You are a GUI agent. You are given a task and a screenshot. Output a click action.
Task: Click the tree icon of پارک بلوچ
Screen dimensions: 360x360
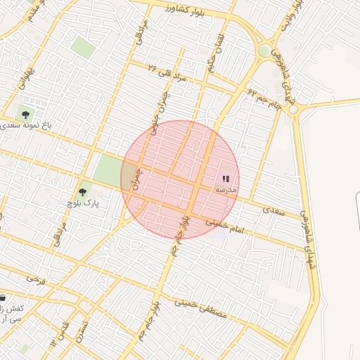[x=83, y=192]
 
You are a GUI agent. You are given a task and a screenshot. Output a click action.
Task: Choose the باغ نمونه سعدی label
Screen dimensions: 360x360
[x=28, y=125]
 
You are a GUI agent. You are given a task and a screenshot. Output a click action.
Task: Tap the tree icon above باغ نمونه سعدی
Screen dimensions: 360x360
[x=26, y=114]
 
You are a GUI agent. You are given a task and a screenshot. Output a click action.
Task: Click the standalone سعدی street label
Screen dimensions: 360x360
[x=274, y=210]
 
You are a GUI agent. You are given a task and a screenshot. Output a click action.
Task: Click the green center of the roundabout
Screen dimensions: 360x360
[x=264, y=51]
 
